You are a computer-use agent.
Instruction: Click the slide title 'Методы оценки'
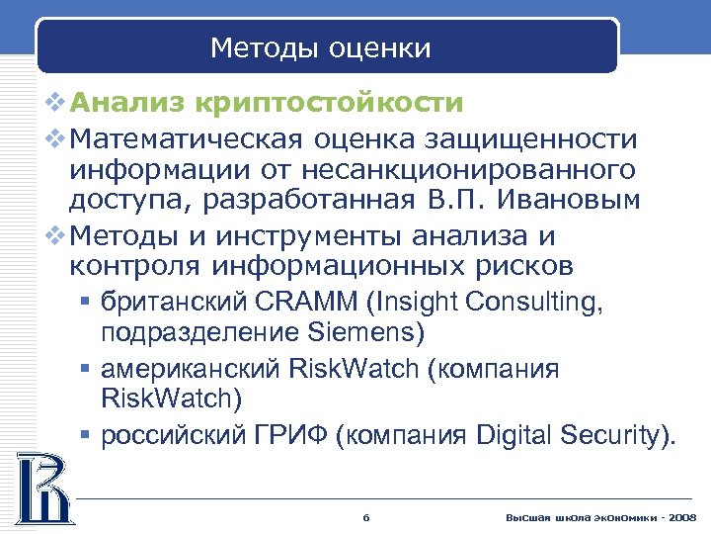coord(321,48)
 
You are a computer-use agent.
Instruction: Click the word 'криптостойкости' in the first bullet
coord(329,103)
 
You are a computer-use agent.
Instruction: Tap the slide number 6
coord(366,517)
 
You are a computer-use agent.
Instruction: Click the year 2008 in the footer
coord(682,517)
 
